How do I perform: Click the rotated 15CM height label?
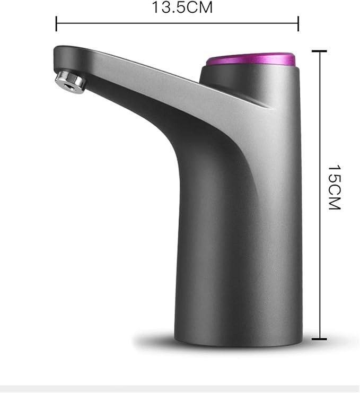point(334,187)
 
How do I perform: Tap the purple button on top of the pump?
point(251,59)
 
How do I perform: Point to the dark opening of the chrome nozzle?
point(64,78)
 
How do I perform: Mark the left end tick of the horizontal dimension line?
point(56,23)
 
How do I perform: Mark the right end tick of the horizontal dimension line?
point(298,23)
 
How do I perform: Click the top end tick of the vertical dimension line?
point(319,51)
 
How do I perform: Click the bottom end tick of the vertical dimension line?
point(319,338)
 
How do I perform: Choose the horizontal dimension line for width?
point(177,23)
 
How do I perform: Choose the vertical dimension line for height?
point(319,195)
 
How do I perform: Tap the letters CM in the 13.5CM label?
point(189,7)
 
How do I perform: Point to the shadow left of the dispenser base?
point(154,339)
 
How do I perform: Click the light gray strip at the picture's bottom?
point(180,389)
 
